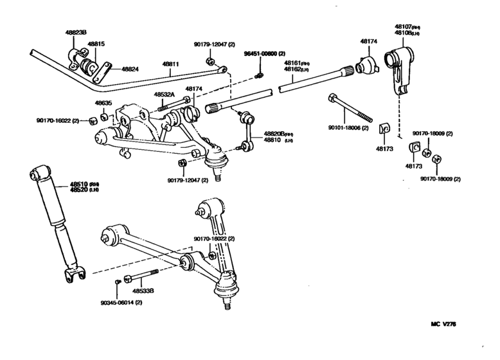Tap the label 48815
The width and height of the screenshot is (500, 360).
tap(96, 44)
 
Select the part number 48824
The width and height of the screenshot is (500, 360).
tap(129, 68)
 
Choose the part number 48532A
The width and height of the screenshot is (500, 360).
tap(163, 94)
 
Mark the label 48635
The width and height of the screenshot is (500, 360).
tap(103, 102)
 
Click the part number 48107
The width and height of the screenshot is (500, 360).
tap(406, 28)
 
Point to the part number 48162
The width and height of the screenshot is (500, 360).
tap(297, 68)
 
